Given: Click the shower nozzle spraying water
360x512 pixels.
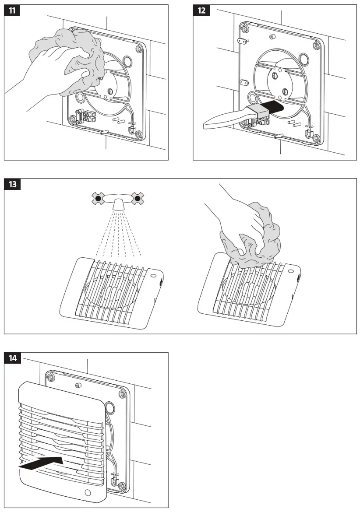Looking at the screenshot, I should point(118,204).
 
